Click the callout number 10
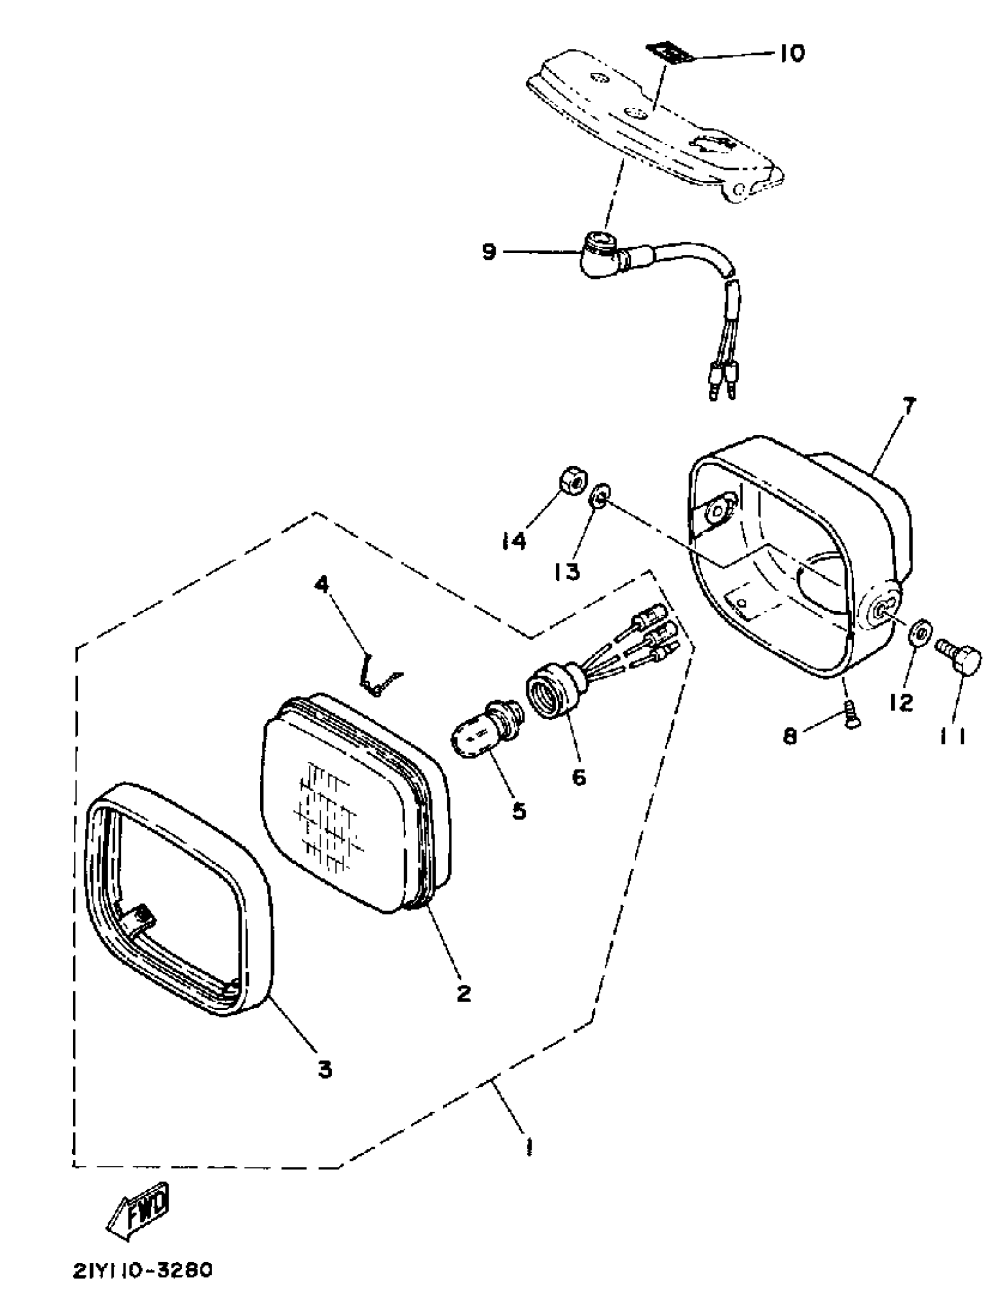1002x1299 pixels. [x=791, y=54]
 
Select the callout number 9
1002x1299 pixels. [x=488, y=252]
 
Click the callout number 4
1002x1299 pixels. [x=322, y=585]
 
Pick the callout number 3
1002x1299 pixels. [x=324, y=1070]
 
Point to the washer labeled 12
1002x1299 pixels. [x=921, y=634]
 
